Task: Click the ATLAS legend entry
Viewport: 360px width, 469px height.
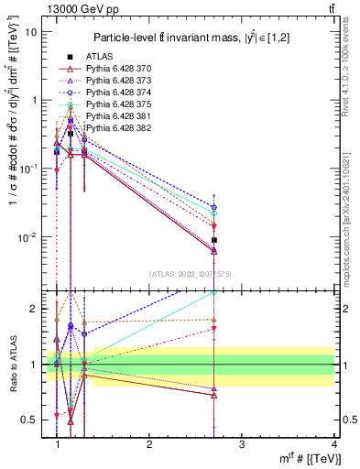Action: click(x=102, y=57)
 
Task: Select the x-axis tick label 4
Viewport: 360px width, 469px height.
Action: click(x=333, y=443)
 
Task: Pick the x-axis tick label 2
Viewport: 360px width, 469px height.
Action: click(x=149, y=443)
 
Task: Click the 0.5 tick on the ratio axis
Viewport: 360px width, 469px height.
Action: click(x=29, y=420)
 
